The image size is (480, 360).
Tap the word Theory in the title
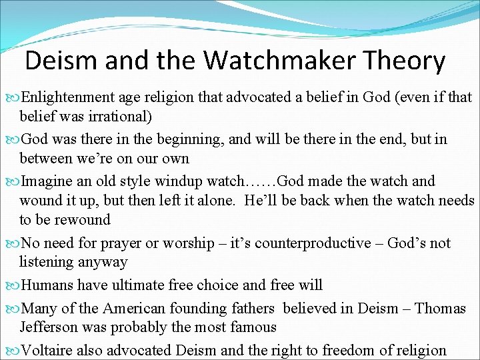(x=404, y=61)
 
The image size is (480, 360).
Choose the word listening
(x=48, y=262)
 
